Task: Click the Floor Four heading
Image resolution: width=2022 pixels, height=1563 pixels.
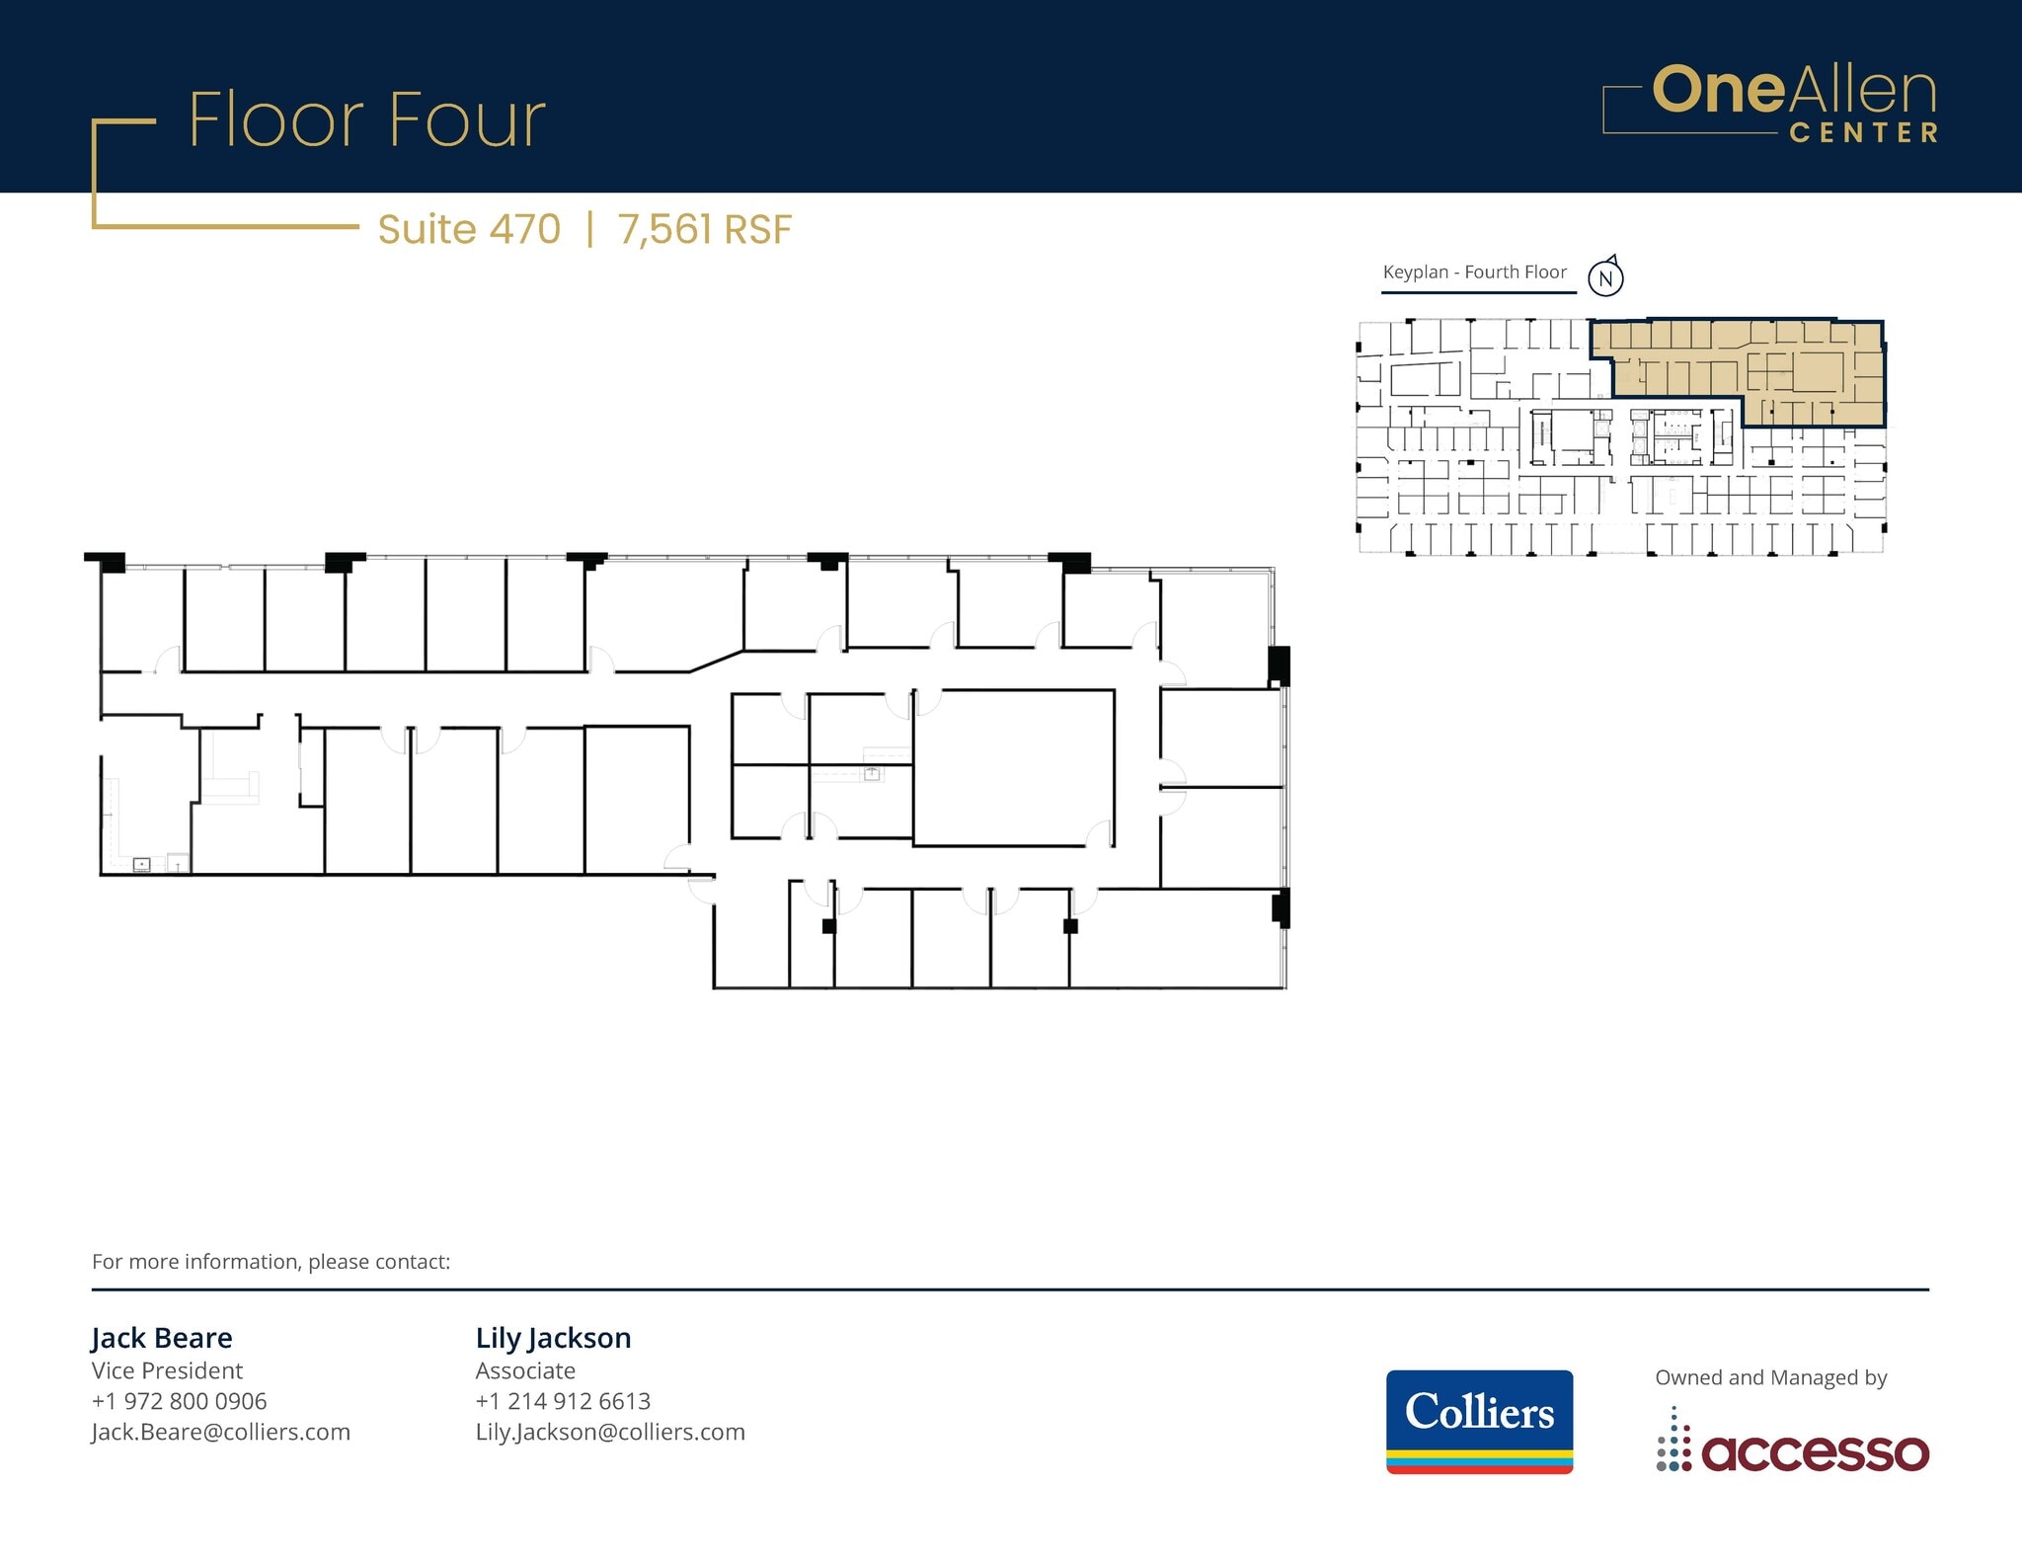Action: (x=366, y=120)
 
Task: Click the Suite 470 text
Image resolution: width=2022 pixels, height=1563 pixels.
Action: (x=469, y=229)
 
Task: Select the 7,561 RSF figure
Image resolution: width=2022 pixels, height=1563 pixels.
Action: (x=704, y=229)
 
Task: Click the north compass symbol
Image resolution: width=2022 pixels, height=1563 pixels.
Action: (x=1605, y=277)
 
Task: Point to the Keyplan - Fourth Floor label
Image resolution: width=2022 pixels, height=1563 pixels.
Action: (x=1474, y=273)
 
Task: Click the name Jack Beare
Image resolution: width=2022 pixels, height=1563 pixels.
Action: (x=162, y=1338)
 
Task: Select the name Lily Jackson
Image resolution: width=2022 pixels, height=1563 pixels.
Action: (x=553, y=1338)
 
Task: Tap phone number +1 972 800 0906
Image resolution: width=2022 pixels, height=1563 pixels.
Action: (x=179, y=1401)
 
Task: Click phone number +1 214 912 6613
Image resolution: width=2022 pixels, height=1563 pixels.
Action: (x=563, y=1401)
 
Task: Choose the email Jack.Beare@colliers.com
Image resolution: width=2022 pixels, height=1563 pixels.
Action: (x=220, y=1432)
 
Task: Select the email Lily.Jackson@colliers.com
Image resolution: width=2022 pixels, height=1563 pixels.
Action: (x=610, y=1432)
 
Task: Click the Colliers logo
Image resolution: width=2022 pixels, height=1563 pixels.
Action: (x=1479, y=1421)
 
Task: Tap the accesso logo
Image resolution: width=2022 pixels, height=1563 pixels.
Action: (x=1792, y=1451)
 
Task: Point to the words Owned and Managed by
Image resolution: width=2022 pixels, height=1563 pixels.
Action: (x=1770, y=1377)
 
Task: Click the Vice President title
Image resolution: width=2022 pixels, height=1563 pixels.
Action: (x=167, y=1370)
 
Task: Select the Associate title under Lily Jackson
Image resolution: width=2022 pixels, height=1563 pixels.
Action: (x=525, y=1370)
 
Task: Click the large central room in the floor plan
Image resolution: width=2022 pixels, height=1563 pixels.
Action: (x=1013, y=767)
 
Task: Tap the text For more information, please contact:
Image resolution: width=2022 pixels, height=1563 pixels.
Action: (x=271, y=1262)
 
